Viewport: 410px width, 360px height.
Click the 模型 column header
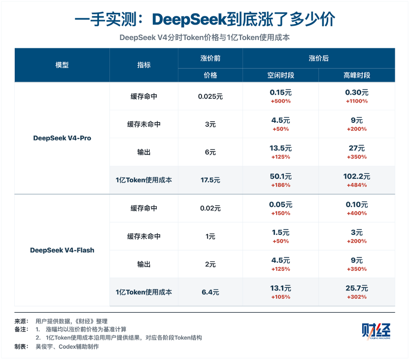[x=62, y=65]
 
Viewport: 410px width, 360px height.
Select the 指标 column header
[x=144, y=65]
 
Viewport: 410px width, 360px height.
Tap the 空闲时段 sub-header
[x=280, y=75]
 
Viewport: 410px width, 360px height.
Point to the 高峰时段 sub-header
[x=357, y=75]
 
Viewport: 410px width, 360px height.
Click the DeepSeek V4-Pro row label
[x=62, y=138]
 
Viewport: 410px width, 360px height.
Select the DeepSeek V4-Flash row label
[x=62, y=250]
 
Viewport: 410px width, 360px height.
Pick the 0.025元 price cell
[x=210, y=97]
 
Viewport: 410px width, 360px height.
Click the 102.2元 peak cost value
[x=357, y=177]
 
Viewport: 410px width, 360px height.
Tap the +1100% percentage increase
[x=357, y=101]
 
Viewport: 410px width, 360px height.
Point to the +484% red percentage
[x=357, y=185]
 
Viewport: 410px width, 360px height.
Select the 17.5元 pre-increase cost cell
[x=210, y=180]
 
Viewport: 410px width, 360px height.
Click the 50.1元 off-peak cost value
[x=280, y=177]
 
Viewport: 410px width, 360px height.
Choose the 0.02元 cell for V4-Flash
[x=210, y=208]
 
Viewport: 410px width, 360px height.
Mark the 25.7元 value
[x=357, y=288]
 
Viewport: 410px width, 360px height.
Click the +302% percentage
[x=357, y=297]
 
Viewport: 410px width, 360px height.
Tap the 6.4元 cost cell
[x=210, y=292]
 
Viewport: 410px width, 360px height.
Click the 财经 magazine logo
[x=376, y=331]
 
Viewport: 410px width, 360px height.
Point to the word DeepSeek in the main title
[x=189, y=19]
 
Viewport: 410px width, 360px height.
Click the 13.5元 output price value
[x=280, y=148]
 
